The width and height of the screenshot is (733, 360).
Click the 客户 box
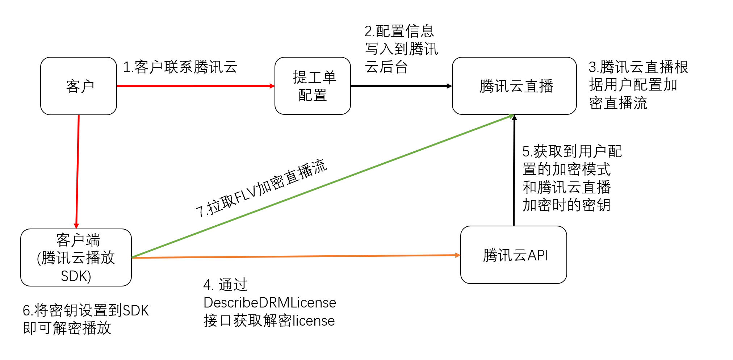tap(79, 86)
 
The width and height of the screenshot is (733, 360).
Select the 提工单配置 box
tap(313, 86)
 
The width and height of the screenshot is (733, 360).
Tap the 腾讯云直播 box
tap(514, 86)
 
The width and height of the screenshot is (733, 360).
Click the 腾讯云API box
tap(514, 255)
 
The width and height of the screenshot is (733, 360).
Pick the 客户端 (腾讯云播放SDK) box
tap(76, 258)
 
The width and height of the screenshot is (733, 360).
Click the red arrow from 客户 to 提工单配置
tap(196, 86)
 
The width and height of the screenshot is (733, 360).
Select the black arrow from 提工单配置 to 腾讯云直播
tap(401, 86)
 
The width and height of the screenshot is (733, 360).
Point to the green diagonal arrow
tap(322, 186)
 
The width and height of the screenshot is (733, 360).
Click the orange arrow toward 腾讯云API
tap(296, 256)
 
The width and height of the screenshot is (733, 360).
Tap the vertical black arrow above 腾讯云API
tap(514, 170)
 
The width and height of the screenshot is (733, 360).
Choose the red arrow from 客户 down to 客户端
tap(78, 172)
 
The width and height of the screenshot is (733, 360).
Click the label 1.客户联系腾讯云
tap(180, 67)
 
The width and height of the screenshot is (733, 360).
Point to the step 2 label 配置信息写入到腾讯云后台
tap(401, 49)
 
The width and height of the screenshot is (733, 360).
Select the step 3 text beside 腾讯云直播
tap(638, 85)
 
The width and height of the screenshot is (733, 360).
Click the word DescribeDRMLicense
tap(270, 302)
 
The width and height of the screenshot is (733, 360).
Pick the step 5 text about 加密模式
tap(571, 178)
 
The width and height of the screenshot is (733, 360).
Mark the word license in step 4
tap(314, 321)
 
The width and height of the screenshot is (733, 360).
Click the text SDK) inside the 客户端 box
tap(76, 276)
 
